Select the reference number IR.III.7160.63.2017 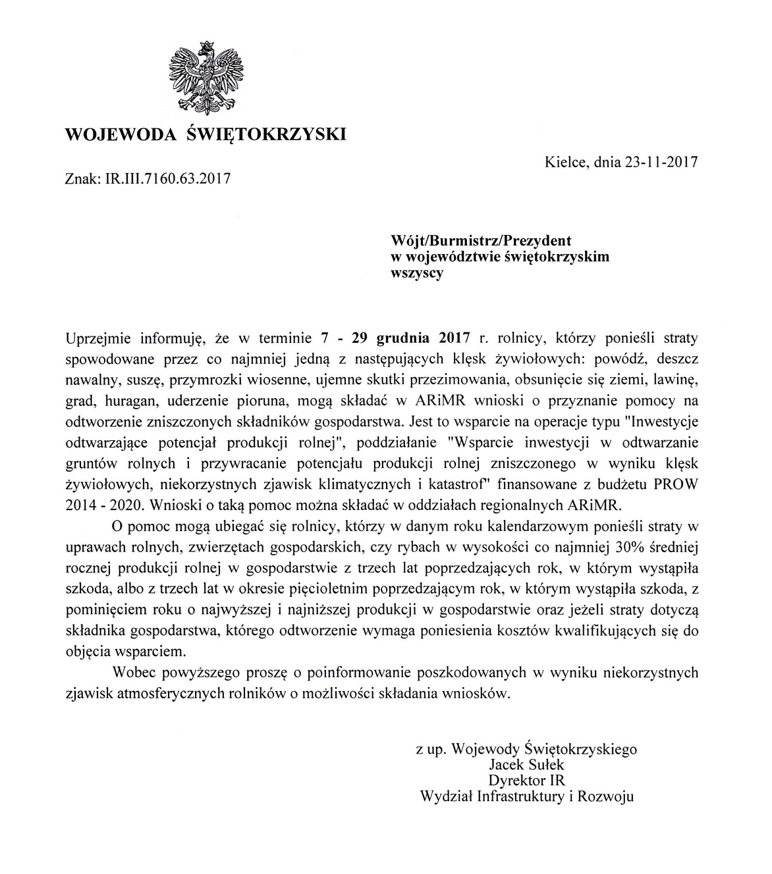pos(167,178)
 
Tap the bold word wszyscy pos(417,274)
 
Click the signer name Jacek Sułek pos(526,765)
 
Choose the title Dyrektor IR pos(526,781)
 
